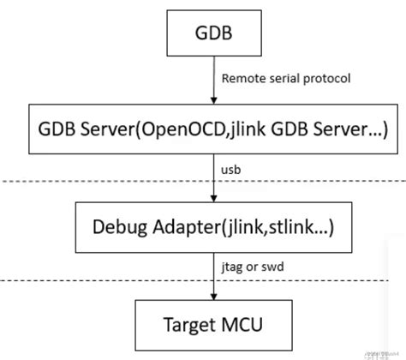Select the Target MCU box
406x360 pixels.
214,327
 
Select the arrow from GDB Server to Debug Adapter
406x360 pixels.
214,176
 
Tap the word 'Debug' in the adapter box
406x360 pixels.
121,227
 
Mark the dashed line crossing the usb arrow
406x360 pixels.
103,181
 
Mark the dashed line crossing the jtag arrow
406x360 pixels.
103,279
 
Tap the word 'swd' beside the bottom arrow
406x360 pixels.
273,267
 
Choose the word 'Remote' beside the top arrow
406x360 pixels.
241,79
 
